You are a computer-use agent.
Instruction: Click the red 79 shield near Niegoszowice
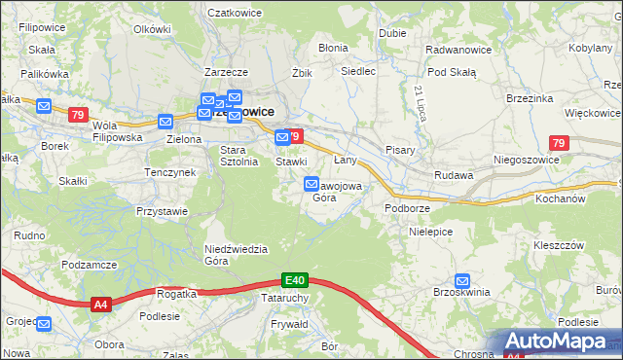click(x=558, y=144)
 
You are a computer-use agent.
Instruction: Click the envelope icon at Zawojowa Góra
click(x=311, y=183)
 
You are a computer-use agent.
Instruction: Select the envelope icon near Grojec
click(x=42, y=323)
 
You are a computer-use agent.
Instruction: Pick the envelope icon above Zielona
click(x=165, y=122)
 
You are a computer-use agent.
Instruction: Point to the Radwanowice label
click(x=458, y=49)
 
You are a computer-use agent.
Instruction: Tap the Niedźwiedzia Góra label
click(x=236, y=254)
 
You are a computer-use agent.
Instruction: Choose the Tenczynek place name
click(x=170, y=172)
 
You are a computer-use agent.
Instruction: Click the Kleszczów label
click(x=558, y=245)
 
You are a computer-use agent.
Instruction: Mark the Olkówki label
click(x=152, y=29)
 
